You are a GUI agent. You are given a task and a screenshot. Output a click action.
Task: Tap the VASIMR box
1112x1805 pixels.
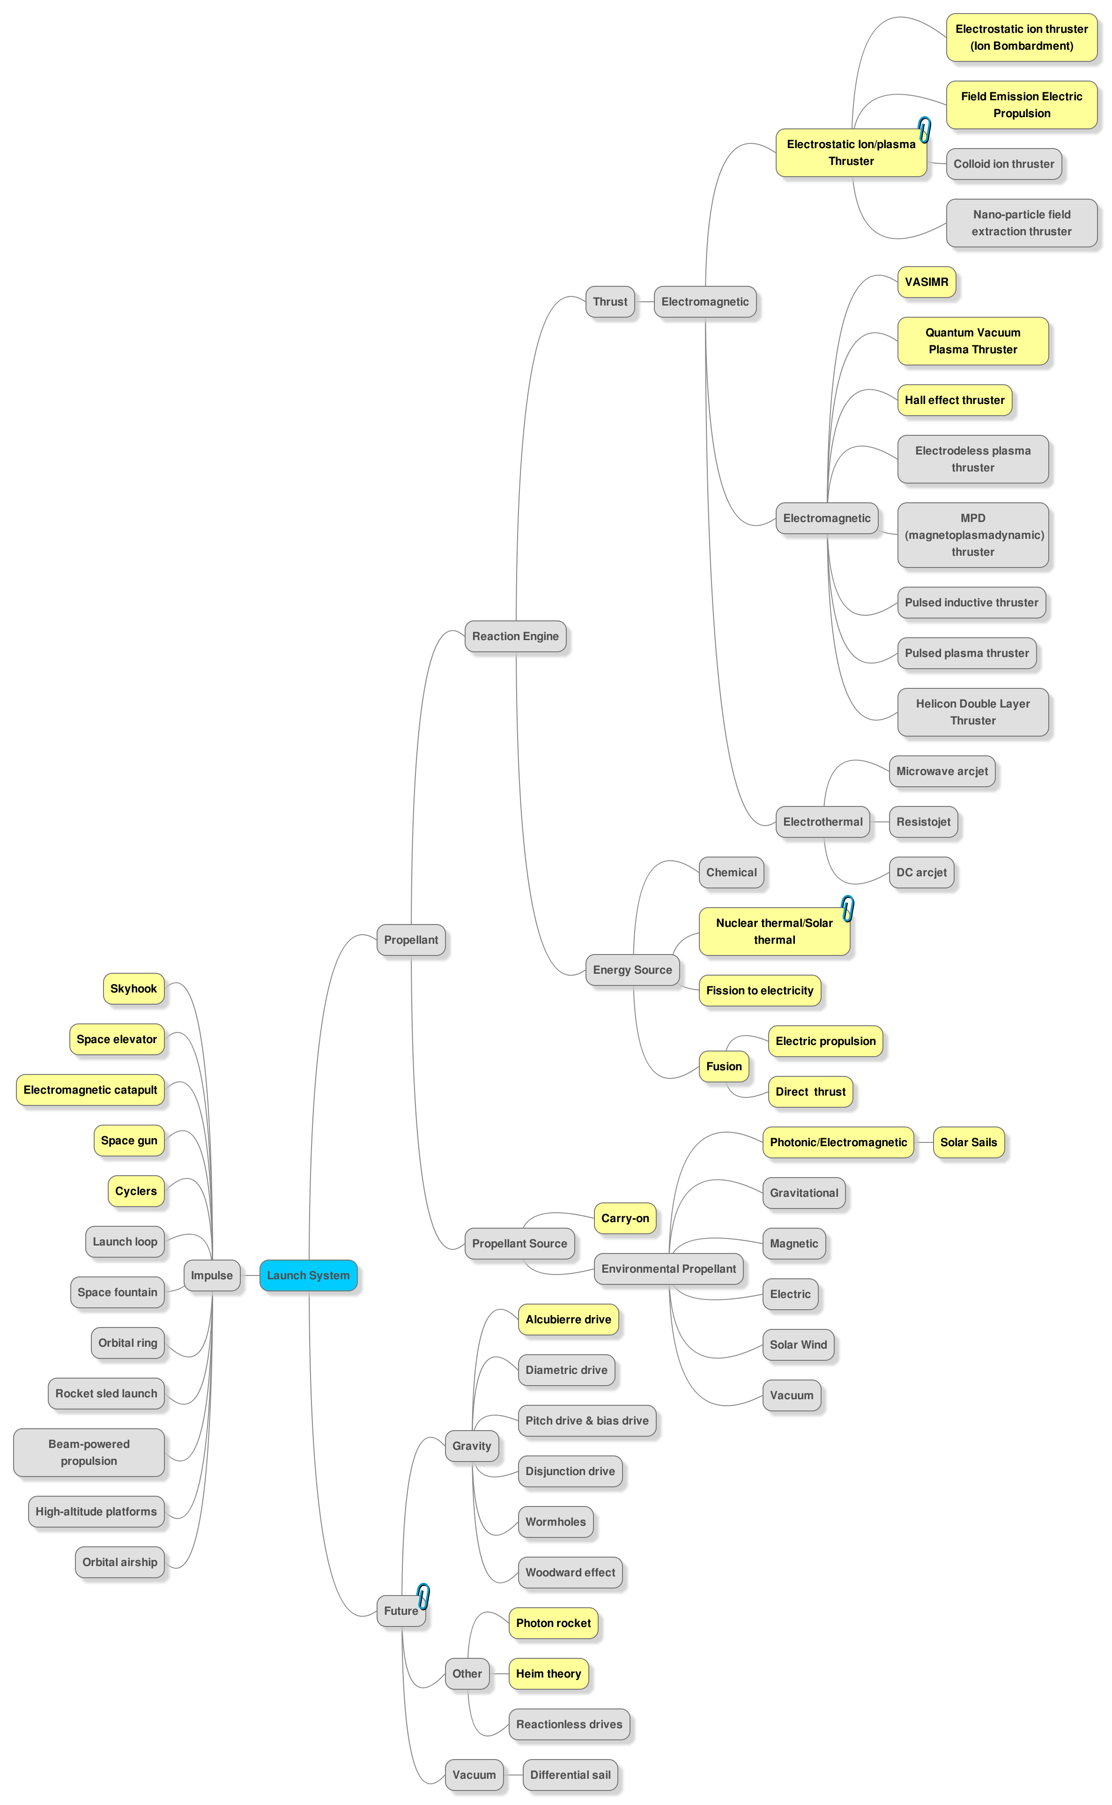point(926,282)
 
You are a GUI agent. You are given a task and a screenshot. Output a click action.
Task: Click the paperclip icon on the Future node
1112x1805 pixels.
point(423,1596)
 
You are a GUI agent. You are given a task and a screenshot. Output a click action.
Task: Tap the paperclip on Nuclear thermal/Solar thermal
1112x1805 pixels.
point(847,909)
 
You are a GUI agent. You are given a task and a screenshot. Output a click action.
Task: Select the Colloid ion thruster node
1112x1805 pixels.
point(1003,164)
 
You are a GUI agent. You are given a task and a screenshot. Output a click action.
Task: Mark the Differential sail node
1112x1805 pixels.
point(570,1775)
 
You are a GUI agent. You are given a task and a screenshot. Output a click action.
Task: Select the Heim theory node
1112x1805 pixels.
point(548,1673)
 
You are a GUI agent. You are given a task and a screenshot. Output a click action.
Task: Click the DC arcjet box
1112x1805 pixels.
point(921,873)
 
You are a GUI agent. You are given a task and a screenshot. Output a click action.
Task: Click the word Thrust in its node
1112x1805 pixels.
point(610,302)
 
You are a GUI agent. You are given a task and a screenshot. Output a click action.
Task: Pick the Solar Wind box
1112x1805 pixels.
point(798,1344)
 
